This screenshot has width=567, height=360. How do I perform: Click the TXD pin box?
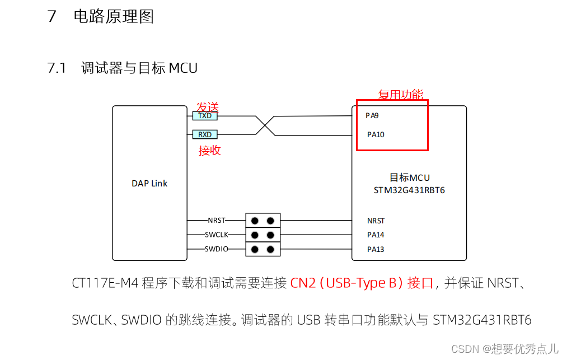click(x=205, y=115)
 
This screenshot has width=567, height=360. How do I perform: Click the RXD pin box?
click(x=205, y=134)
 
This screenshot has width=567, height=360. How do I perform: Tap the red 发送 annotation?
click(x=207, y=107)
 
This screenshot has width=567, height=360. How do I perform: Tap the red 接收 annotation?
click(x=210, y=151)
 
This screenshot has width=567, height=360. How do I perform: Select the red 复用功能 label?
click(x=401, y=95)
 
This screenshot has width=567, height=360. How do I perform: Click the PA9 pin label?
click(x=372, y=115)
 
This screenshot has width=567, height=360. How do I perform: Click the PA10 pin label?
click(x=376, y=134)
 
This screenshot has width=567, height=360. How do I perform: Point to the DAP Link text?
click(x=149, y=183)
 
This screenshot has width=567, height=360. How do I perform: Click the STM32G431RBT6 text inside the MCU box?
click(x=409, y=190)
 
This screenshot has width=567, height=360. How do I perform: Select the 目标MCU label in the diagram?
click(x=409, y=177)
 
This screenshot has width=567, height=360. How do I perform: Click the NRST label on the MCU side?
click(x=376, y=221)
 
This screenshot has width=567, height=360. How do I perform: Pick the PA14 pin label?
click(x=376, y=235)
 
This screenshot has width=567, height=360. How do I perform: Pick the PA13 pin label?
click(x=376, y=249)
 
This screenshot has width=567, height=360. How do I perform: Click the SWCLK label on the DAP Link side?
click(x=216, y=235)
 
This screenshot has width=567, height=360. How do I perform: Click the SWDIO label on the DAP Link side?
click(x=216, y=249)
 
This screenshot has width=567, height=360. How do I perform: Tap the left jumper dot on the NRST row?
click(x=255, y=221)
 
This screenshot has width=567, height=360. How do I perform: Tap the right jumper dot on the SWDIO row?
click(x=271, y=249)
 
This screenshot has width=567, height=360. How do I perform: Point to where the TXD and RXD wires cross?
click(x=265, y=125)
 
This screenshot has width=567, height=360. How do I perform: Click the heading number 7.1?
click(x=57, y=68)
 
